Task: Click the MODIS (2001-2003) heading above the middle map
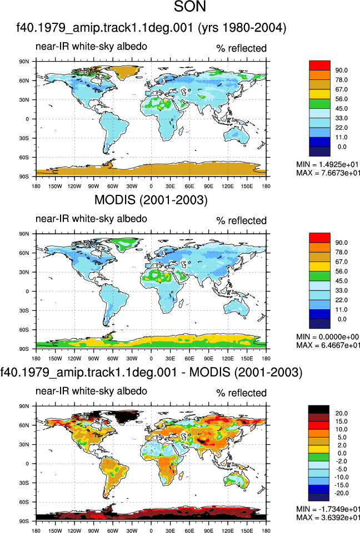coord(151,199)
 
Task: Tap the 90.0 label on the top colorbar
coord(341,71)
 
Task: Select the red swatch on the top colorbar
coord(319,66)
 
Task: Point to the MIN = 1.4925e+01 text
coord(328,164)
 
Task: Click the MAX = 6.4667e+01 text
coord(328,345)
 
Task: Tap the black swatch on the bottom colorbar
coord(318,409)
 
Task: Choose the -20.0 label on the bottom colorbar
coord(341,493)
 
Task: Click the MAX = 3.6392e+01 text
coord(328,517)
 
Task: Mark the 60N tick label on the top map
coord(24,81)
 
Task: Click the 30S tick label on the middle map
coord(24,310)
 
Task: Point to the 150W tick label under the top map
coord(55,186)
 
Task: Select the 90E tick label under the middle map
coord(208,358)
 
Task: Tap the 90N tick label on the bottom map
coord(24,406)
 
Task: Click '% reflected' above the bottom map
coord(241,393)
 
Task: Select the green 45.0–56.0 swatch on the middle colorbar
coord(319,276)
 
